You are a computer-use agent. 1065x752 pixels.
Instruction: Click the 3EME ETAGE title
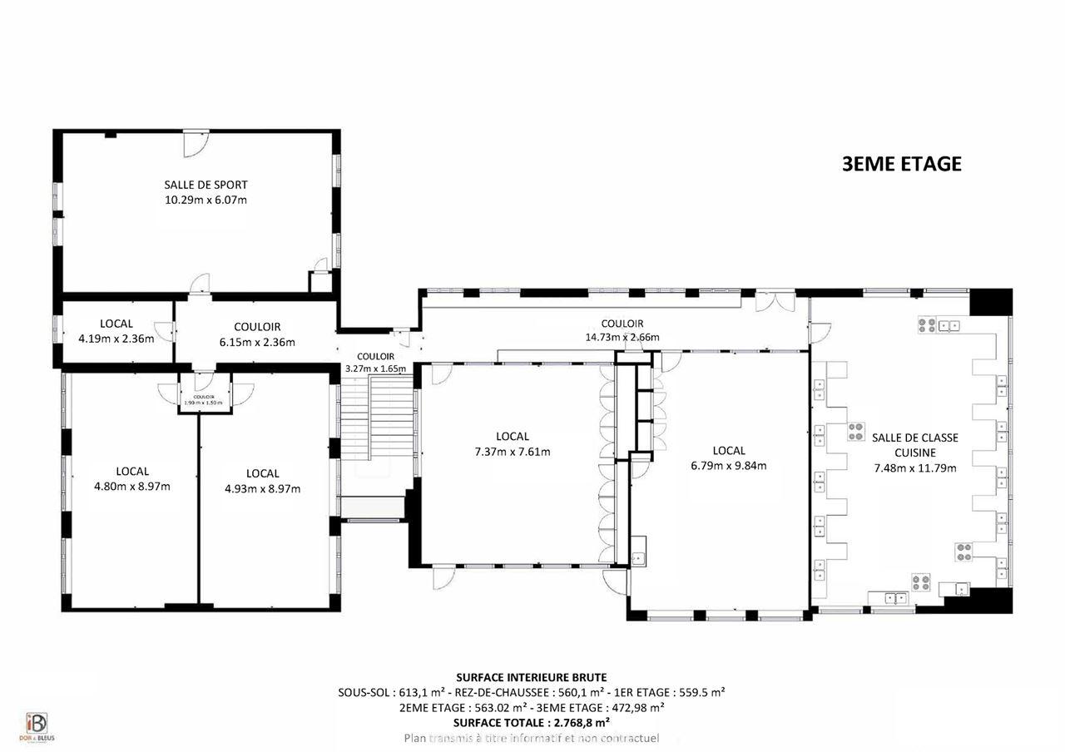(x=902, y=164)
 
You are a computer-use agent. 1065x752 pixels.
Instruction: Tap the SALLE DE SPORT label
(x=206, y=185)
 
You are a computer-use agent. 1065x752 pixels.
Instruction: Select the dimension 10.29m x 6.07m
(x=206, y=200)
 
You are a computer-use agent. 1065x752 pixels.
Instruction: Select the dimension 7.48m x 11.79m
(x=914, y=468)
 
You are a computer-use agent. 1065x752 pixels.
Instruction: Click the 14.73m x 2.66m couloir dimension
(x=622, y=337)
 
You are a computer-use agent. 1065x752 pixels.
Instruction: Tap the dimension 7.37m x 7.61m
(x=512, y=452)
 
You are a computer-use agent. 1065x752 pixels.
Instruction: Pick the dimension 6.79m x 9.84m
(x=728, y=465)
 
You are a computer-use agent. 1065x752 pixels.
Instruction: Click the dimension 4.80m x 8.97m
(x=132, y=487)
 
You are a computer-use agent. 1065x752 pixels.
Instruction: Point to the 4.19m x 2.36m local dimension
(x=116, y=339)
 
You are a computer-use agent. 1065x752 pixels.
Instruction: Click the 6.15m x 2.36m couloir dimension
(x=256, y=341)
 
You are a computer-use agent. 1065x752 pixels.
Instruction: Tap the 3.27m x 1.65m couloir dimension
(x=375, y=368)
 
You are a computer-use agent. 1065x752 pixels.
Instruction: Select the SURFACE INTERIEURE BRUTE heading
(x=532, y=677)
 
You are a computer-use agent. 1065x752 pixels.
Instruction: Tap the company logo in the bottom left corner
(x=36, y=726)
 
